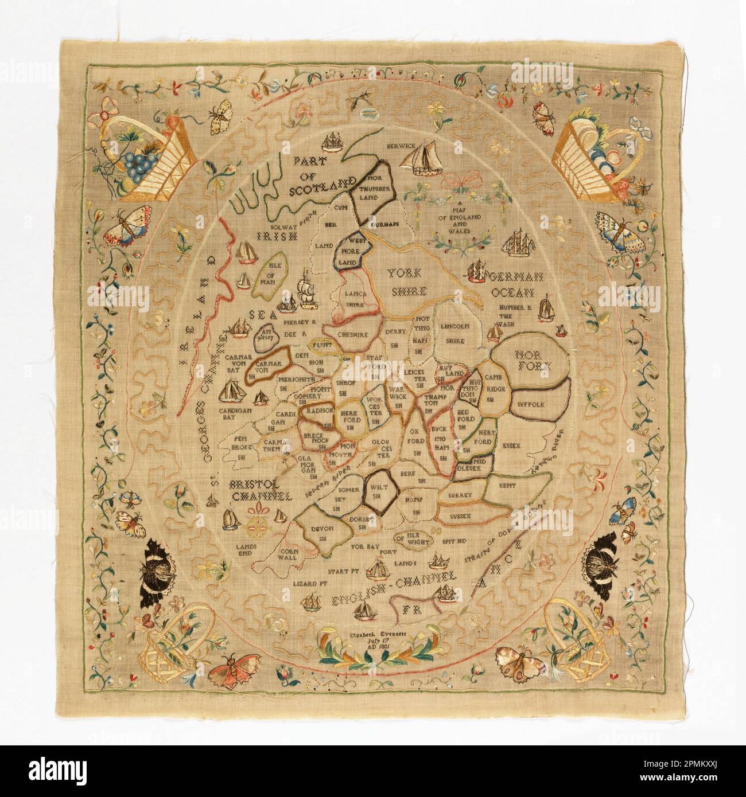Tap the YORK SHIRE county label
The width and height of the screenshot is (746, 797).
click(x=405, y=282)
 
